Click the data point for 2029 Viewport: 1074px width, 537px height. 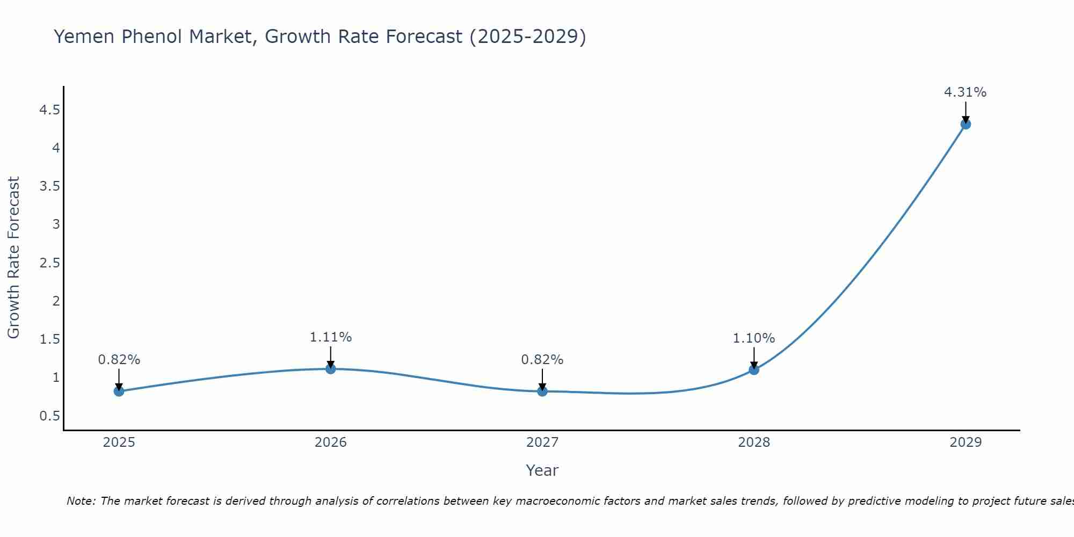(x=965, y=124)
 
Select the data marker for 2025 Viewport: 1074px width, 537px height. (x=119, y=391)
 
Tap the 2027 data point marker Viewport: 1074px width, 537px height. (x=542, y=391)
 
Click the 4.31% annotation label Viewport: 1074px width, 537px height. (x=965, y=92)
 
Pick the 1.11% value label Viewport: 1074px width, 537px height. (x=330, y=337)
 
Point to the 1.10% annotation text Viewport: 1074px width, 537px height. (x=753, y=338)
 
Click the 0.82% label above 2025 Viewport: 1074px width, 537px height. (x=119, y=360)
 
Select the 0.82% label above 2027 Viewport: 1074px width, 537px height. (x=542, y=360)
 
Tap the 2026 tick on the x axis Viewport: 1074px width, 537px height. (x=330, y=442)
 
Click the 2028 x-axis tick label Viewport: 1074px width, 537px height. (x=753, y=442)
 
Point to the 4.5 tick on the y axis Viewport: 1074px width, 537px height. (x=49, y=110)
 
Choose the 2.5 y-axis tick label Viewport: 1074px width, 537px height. (x=49, y=263)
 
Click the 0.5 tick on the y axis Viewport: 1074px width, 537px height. (x=49, y=416)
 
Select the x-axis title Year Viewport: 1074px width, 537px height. (x=542, y=470)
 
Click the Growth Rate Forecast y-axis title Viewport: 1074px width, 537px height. (x=13, y=258)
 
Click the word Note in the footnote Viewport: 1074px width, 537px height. (x=81, y=501)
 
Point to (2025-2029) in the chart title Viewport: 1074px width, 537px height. (x=527, y=37)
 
